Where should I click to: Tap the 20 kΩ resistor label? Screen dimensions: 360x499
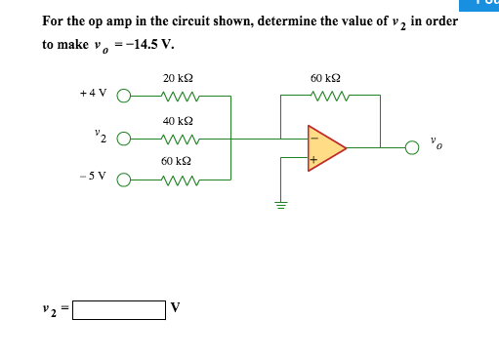177,78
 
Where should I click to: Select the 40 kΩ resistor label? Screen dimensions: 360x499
177,121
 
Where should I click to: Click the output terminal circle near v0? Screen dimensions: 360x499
413,147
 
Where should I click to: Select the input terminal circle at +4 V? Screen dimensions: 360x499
124,96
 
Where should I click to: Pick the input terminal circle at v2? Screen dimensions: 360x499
124,138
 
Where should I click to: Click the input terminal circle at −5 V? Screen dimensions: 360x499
124,180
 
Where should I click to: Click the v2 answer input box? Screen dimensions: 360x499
118,311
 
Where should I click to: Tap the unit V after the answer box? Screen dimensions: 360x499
176,310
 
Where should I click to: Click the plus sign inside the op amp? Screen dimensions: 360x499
314,160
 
